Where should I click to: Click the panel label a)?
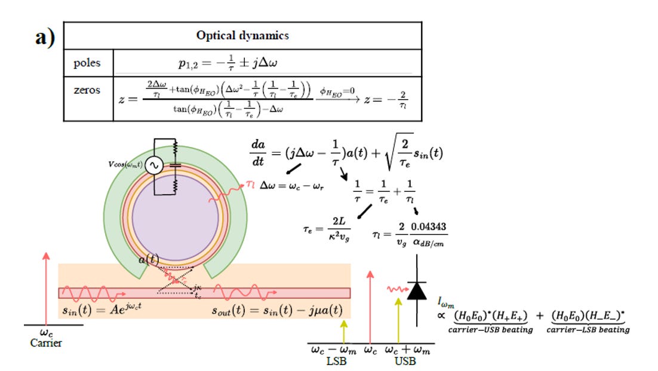pos(44,38)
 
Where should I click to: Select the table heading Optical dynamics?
pos(242,35)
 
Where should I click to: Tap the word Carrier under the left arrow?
pos(47,343)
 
